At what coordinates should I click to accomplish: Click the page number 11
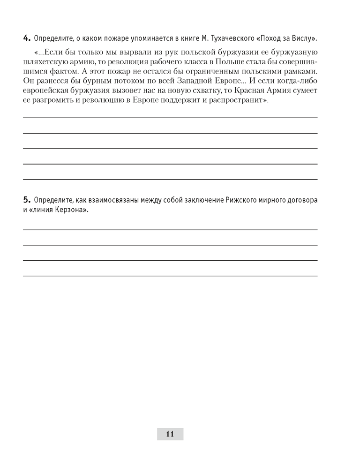[x=170, y=434]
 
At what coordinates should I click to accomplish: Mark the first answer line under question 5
[x=170, y=229]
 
